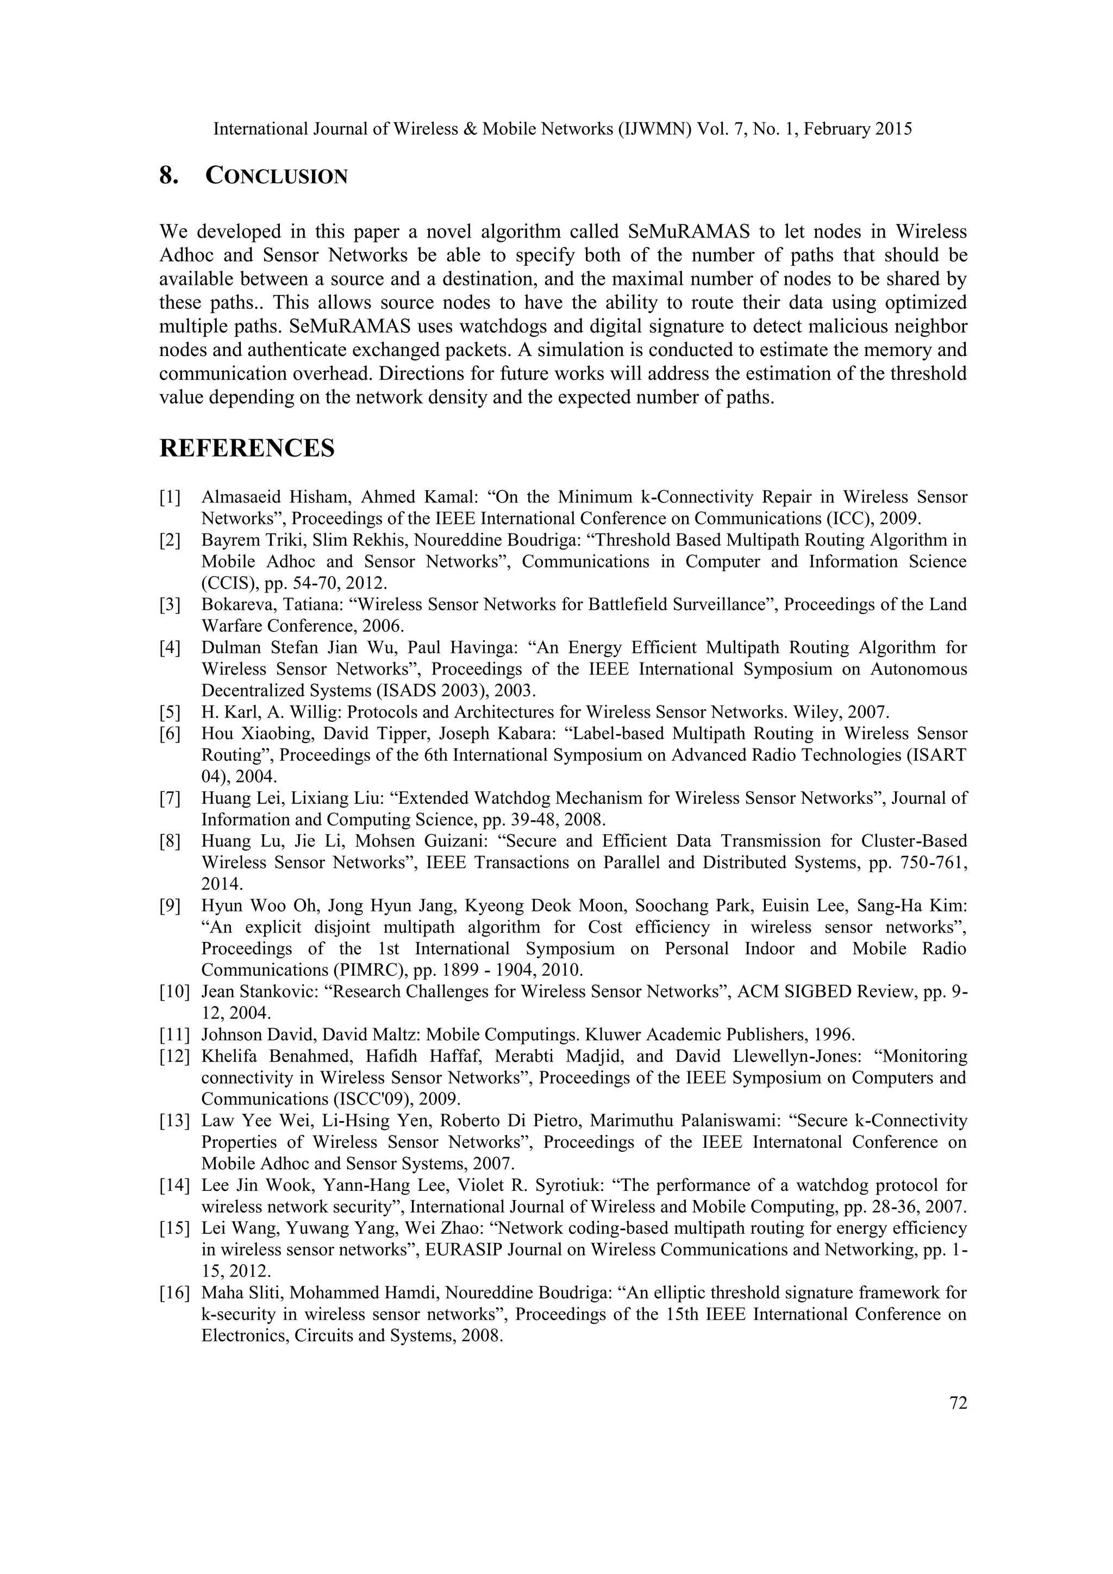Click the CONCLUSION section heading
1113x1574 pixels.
click(276, 176)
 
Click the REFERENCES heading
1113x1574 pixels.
click(247, 448)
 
